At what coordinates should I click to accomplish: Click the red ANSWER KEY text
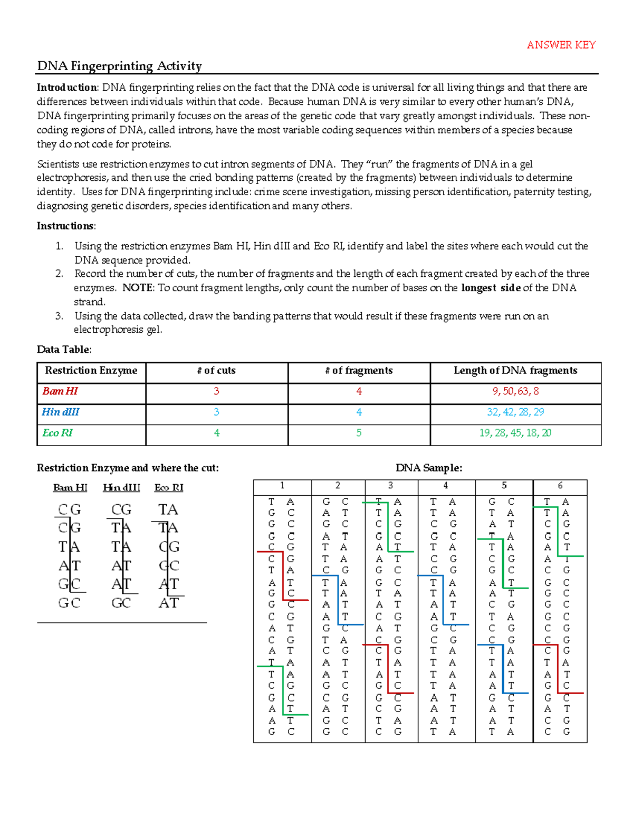(x=561, y=45)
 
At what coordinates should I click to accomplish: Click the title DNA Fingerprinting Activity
(x=119, y=66)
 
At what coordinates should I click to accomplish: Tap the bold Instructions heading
(x=66, y=226)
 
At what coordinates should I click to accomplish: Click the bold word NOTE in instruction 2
(x=138, y=288)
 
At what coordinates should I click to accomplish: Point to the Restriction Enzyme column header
(x=91, y=371)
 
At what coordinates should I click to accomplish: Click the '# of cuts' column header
(x=216, y=371)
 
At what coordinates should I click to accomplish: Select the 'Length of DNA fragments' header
(x=515, y=371)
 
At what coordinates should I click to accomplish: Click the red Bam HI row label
(x=60, y=391)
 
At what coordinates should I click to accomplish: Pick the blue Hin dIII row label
(x=61, y=412)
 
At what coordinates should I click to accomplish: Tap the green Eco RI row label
(x=57, y=433)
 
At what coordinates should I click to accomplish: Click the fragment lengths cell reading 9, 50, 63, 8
(x=515, y=391)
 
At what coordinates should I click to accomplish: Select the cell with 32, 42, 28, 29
(x=515, y=412)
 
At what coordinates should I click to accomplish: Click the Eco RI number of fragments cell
(x=359, y=433)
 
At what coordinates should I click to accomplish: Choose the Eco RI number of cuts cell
(x=216, y=433)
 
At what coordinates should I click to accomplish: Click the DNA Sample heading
(x=429, y=468)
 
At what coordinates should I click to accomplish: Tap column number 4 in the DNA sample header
(x=446, y=486)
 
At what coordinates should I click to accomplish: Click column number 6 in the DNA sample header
(x=560, y=486)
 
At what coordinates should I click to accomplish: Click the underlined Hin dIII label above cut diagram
(x=121, y=488)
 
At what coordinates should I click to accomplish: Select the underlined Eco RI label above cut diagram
(x=169, y=488)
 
